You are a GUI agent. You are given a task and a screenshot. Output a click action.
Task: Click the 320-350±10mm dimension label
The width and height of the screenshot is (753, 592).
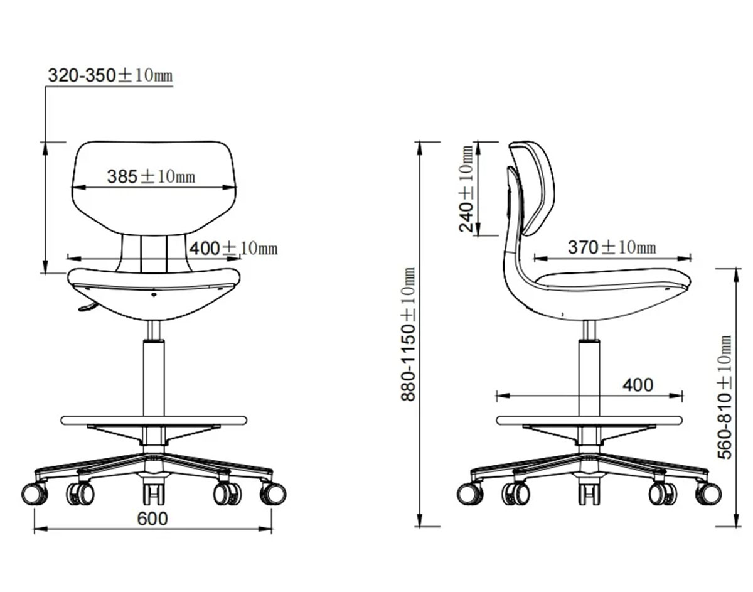coord(110,75)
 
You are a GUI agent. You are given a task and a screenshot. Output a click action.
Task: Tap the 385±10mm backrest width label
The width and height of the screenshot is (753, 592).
coord(151,176)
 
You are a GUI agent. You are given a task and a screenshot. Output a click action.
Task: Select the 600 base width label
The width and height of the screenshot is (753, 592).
coord(152,519)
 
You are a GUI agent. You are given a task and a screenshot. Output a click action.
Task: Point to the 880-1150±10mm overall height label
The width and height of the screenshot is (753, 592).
coord(409,335)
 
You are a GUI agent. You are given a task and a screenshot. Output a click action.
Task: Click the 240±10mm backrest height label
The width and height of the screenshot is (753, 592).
coord(466,188)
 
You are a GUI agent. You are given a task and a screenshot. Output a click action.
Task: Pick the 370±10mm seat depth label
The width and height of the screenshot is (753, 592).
coord(612,247)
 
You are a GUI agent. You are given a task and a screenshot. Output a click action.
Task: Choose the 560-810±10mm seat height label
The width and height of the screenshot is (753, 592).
coord(724,397)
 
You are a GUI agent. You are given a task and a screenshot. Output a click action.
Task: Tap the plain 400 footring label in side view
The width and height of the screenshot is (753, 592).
coord(638,385)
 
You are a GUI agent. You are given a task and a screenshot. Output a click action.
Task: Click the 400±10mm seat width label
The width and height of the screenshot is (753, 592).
coord(233,248)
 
